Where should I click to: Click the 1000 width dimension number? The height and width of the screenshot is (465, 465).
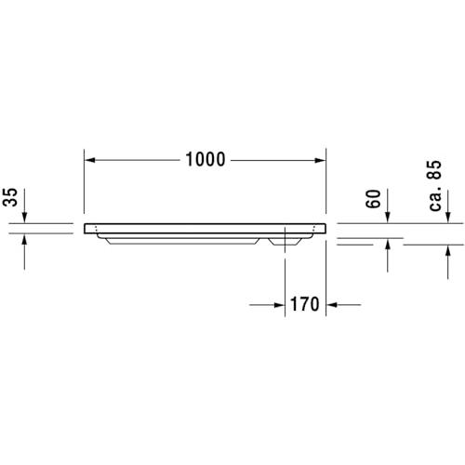tap(206, 160)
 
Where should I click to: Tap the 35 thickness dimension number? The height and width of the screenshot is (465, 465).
tap(10, 197)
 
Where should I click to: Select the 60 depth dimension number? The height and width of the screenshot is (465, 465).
tap(373, 199)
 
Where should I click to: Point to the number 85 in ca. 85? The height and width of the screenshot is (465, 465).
tap(434, 170)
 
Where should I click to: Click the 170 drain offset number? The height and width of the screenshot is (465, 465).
tap(304, 304)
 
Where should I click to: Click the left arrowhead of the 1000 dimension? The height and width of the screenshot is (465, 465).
tap(90, 160)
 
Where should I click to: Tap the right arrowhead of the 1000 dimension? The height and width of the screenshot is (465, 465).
tap(320, 160)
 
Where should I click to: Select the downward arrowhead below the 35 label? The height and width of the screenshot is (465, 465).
tap(24, 218)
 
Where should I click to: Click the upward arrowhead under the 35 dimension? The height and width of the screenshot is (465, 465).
tap(24, 239)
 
